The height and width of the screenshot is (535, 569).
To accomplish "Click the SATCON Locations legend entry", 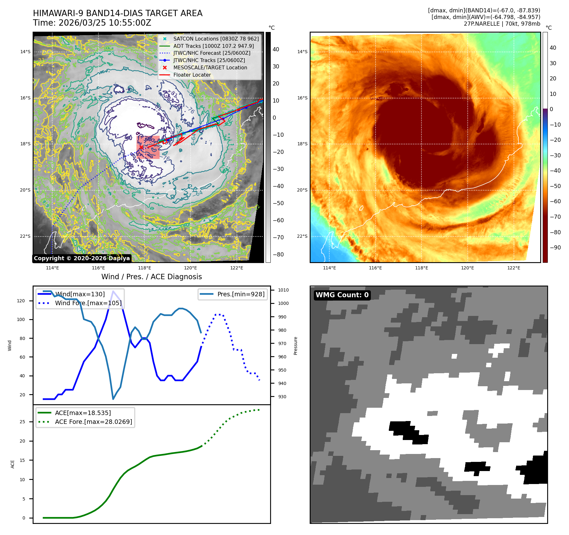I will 216,39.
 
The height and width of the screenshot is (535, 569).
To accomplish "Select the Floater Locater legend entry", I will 192,75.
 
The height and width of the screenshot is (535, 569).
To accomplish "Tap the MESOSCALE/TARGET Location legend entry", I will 210,67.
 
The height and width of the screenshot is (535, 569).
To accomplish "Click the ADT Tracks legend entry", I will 213,46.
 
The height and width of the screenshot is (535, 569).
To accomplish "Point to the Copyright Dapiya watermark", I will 82,258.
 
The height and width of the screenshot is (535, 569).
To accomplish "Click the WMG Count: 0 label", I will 342,295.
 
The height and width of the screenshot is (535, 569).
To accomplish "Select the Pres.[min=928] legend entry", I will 241,294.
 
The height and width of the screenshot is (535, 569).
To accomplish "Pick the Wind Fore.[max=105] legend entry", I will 88,303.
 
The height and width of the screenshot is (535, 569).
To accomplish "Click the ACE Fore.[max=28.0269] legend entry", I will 93,422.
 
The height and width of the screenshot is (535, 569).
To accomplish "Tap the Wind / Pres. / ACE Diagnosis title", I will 151,277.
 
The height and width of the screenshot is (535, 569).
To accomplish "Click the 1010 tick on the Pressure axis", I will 283,290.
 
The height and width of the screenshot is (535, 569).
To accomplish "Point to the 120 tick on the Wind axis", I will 21,301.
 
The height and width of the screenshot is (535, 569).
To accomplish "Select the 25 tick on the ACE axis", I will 22,422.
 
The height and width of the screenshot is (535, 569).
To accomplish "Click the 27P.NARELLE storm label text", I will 502,24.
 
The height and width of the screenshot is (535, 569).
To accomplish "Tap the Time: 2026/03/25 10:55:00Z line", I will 92,23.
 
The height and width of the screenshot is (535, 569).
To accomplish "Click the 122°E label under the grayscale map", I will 237,268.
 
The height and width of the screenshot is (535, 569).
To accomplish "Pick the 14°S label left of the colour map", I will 302,52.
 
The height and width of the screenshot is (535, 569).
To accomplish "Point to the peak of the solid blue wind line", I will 113,291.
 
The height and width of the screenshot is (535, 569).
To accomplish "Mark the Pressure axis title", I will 295,346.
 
